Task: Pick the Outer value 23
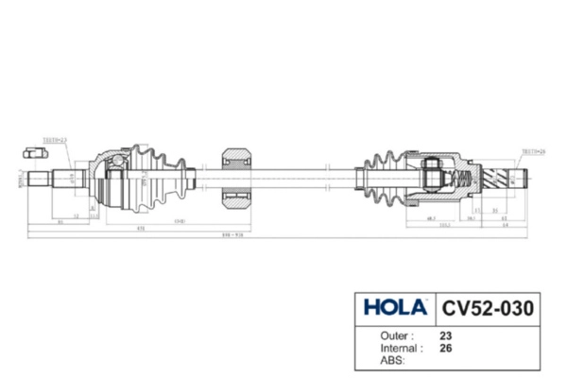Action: pos(445,335)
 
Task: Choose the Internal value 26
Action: pos(445,347)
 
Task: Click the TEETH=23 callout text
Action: pos(57,140)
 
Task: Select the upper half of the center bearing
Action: pos(236,157)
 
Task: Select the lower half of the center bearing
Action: pos(236,198)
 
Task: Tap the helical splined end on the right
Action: pos(499,177)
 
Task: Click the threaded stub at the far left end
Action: pos(40,177)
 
